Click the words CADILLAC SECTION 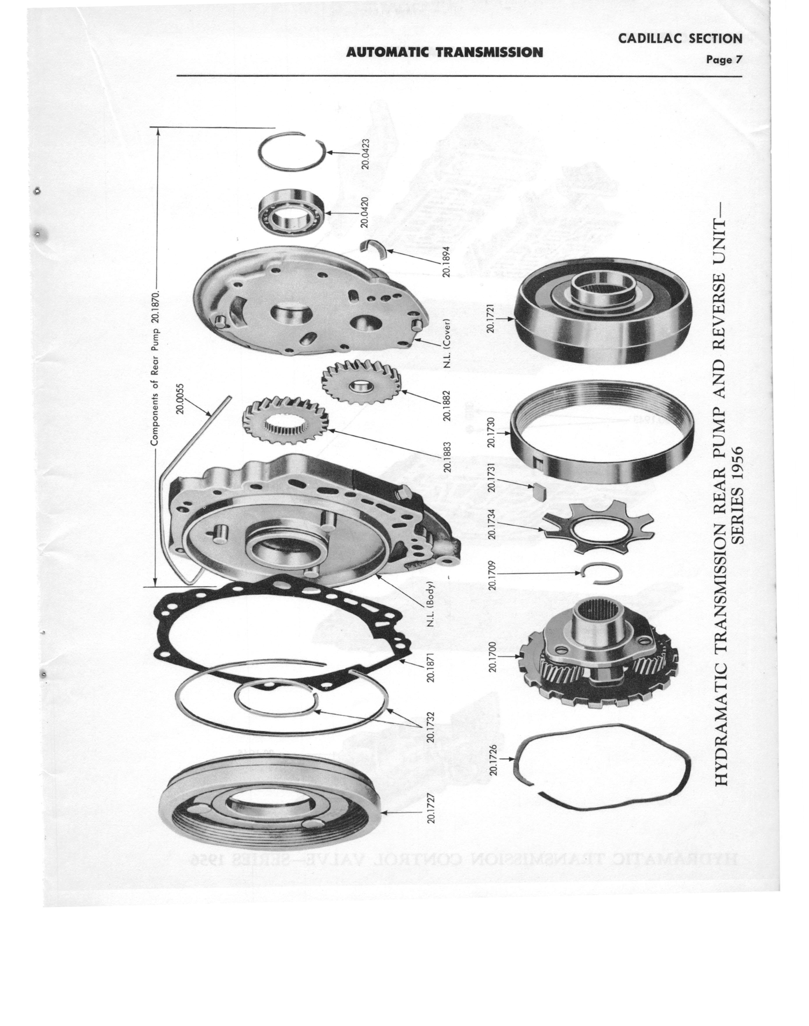tap(680, 39)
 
